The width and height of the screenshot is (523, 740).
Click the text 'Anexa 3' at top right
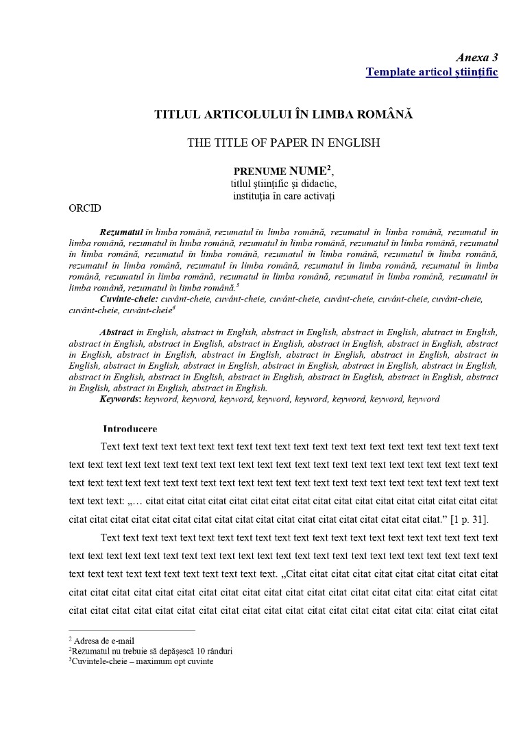pyautogui.click(x=477, y=58)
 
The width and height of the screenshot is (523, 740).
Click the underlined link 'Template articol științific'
pyautogui.click(x=432, y=72)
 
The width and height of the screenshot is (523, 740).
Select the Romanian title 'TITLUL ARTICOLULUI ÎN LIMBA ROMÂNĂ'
pyautogui.click(x=283, y=114)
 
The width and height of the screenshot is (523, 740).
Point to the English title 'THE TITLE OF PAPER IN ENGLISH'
pyautogui.click(x=283, y=143)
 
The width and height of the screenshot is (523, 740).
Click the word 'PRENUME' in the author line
pyautogui.click(x=259, y=171)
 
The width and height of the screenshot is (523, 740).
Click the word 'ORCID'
pyautogui.click(x=85, y=209)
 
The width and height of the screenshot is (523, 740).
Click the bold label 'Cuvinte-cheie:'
pyautogui.click(x=128, y=299)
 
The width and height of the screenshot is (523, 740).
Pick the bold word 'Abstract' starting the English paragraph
pyautogui.click(x=116, y=332)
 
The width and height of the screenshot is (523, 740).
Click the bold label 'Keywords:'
pyautogui.click(x=120, y=399)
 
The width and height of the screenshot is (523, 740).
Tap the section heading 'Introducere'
pyautogui.click(x=130, y=429)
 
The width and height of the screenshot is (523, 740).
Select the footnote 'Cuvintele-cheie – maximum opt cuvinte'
pyautogui.click(x=143, y=661)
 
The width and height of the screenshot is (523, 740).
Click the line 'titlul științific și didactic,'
pyautogui.click(x=283, y=184)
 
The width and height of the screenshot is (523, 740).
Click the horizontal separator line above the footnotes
pyautogui.click(x=132, y=630)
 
